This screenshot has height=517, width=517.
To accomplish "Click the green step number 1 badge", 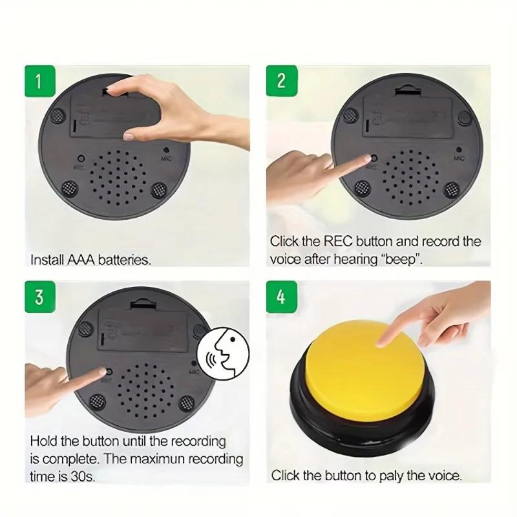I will click(39, 82).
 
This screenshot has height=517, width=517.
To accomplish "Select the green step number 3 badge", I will click(39, 297).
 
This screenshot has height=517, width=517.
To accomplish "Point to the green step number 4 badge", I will click(281, 298).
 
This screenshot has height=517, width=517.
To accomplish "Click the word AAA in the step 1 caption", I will click(81, 260).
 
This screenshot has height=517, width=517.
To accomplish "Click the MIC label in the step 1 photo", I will click(167, 154).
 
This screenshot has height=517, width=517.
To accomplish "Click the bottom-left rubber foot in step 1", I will click(69, 189).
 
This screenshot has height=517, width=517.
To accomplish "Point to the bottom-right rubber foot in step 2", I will click(451, 190).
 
